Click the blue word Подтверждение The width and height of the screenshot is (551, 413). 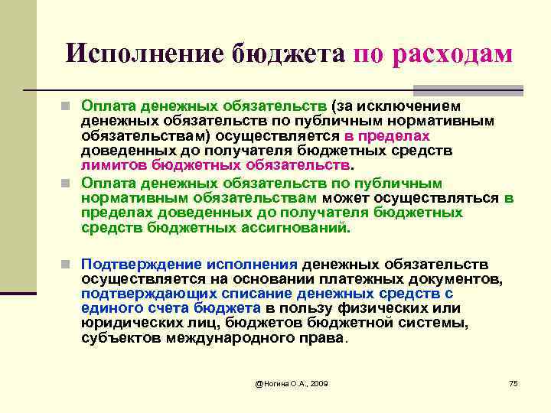point(135,264)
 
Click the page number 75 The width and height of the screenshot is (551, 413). point(514,382)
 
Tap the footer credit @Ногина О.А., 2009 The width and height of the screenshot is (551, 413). point(292,382)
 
